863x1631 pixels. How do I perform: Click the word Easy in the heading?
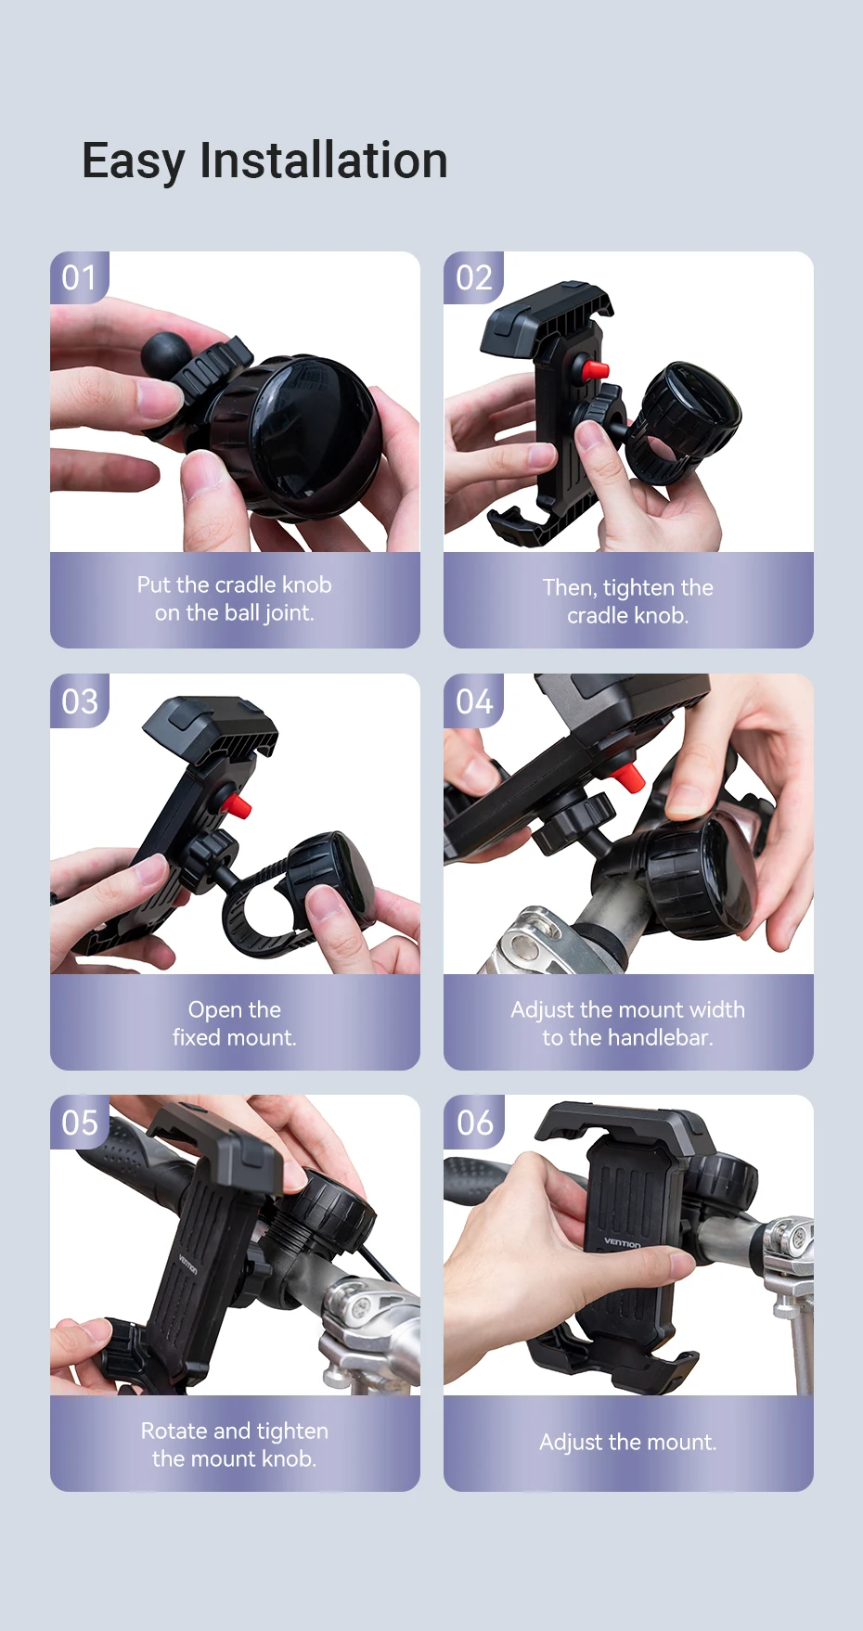click(134, 161)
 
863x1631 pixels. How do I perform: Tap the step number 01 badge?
click(80, 277)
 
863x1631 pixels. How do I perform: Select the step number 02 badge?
click(473, 277)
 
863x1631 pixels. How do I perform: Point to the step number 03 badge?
click(80, 700)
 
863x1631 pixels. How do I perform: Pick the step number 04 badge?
click(473, 700)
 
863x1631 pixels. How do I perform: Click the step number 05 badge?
click(80, 1123)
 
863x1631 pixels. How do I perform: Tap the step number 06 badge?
click(474, 1123)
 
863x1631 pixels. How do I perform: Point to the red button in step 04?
click(628, 776)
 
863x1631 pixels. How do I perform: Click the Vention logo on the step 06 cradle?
click(623, 1242)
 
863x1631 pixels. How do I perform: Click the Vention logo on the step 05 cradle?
click(187, 1264)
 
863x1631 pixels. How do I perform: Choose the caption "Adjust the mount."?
click(628, 1442)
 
